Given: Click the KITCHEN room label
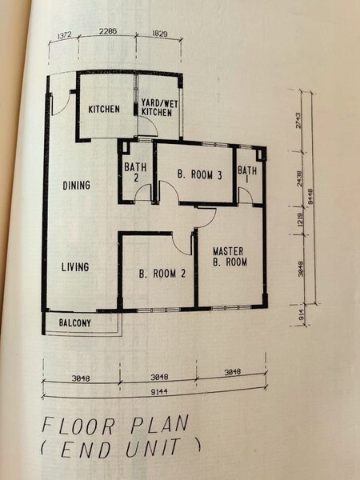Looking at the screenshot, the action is click(104, 109).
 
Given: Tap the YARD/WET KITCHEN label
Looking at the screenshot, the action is click(159, 108).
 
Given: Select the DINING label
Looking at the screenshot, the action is click(76, 186).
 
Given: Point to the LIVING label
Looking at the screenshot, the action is click(75, 267).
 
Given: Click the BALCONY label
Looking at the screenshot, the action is click(74, 322).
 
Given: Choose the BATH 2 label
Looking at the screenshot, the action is click(135, 172).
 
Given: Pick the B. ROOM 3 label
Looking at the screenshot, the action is click(199, 174).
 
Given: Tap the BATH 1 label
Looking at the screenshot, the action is click(247, 174).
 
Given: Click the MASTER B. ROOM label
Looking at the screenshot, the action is click(230, 257).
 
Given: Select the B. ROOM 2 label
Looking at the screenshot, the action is click(162, 274).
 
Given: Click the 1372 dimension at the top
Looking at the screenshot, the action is click(64, 35).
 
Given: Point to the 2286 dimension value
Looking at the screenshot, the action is click(108, 31).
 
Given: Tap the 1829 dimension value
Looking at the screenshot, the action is click(159, 34).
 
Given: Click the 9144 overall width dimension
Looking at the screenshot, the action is click(159, 391).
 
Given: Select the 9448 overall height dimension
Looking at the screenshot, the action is click(310, 196).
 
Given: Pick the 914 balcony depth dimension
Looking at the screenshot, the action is click(300, 314).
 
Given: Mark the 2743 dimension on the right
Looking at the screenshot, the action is click(298, 120).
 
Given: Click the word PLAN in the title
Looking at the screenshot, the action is click(159, 425).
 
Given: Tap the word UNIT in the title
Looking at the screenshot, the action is click(153, 447).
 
